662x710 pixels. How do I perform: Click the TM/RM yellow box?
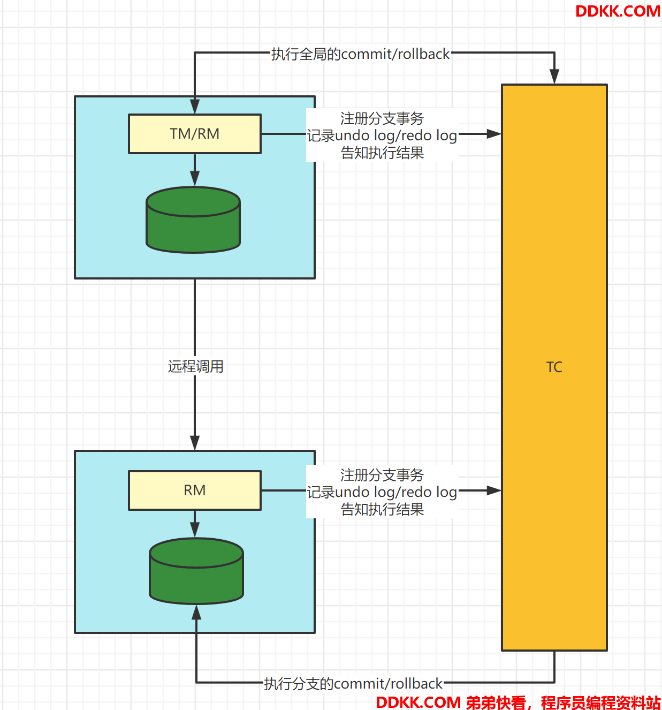click(x=194, y=134)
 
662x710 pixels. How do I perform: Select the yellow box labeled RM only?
click(x=194, y=490)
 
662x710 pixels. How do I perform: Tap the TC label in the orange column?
click(x=554, y=367)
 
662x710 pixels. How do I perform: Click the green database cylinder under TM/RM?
click(x=193, y=220)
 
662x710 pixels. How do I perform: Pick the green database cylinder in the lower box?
click(x=196, y=571)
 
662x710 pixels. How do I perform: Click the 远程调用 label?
click(x=195, y=366)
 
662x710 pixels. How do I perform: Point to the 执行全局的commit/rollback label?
click(x=360, y=54)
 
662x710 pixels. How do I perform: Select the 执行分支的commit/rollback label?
click(x=353, y=684)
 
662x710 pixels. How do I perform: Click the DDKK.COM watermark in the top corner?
click(x=618, y=11)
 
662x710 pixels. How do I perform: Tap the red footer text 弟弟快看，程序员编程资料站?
click(x=564, y=702)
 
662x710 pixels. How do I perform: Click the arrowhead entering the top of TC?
click(x=554, y=77)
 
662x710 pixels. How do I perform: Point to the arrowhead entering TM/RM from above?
click(x=194, y=107)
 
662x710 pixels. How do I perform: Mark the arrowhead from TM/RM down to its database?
click(x=194, y=179)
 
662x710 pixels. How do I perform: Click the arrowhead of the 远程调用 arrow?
click(x=194, y=443)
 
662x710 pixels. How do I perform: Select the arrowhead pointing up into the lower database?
click(x=196, y=612)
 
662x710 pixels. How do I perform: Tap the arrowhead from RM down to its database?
click(x=194, y=530)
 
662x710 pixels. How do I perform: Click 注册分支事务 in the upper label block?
click(x=382, y=118)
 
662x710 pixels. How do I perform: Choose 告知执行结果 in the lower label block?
click(x=382, y=509)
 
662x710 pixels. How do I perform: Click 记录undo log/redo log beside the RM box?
click(x=382, y=492)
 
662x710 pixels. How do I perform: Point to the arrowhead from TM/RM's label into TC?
click(x=494, y=134)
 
